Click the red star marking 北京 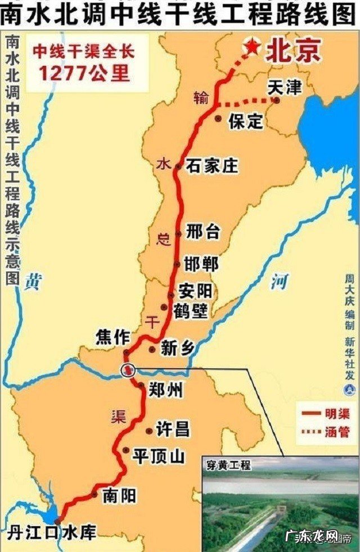(252, 48)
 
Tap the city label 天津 (285, 88)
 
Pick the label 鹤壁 (191, 310)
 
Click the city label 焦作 (112, 338)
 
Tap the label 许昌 (172, 430)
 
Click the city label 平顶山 (158, 456)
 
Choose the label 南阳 (120, 496)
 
